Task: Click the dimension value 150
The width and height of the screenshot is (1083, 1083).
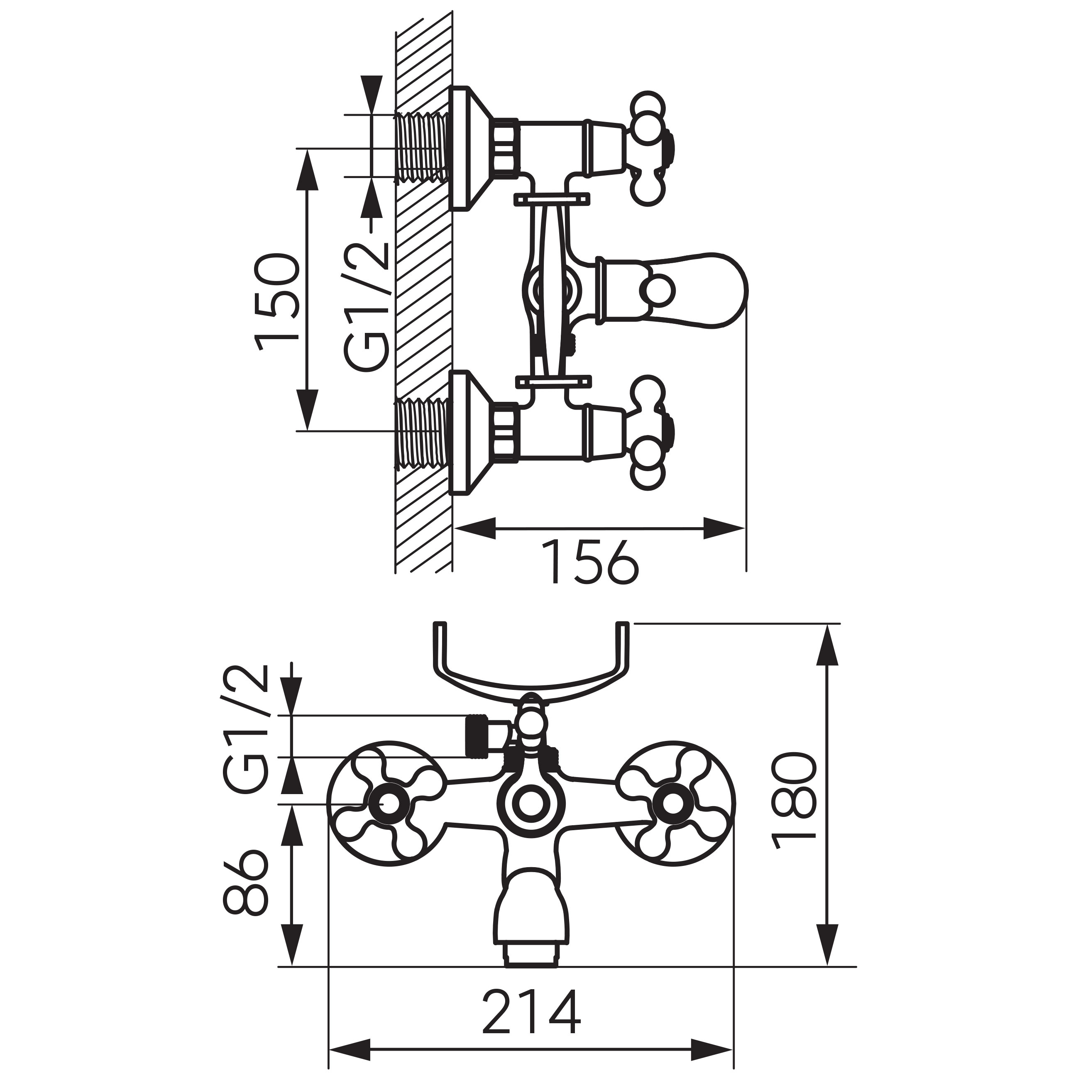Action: pyautogui.click(x=276, y=303)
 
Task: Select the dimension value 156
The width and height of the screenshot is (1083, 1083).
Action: pyautogui.click(x=593, y=562)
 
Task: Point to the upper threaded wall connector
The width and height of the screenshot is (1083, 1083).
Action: pyautogui.click(x=423, y=148)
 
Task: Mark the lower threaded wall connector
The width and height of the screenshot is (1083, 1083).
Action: pyautogui.click(x=423, y=432)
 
